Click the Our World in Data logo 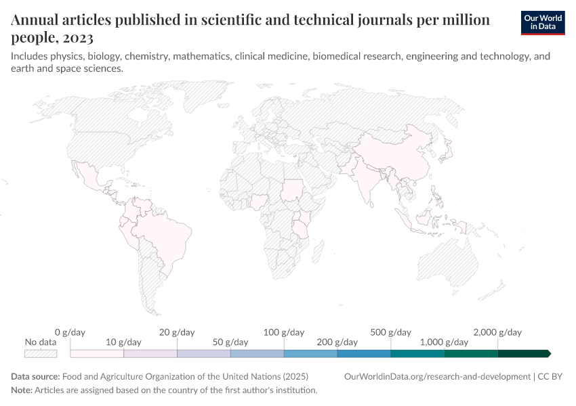pyautogui.click(x=542, y=22)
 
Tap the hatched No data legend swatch pyautogui.click(x=41, y=353)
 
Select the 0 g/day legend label pyautogui.click(x=70, y=332)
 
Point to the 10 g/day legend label pyautogui.click(x=124, y=342)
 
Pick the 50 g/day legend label pyautogui.click(x=230, y=342)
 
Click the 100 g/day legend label pyautogui.click(x=284, y=332)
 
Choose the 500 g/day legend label pyautogui.click(x=390, y=332)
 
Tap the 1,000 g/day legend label pyautogui.click(x=444, y=342)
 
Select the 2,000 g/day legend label pyautogui.click(x=497, y=332)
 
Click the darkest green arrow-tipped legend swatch pyautogui.click(x=524, y=353)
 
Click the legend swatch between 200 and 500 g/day pyautogui.click(x=364, y=353)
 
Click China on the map pyautogui.click(x=400, y=156)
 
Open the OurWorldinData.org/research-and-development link pyautogui.click(x=437, y=376)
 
